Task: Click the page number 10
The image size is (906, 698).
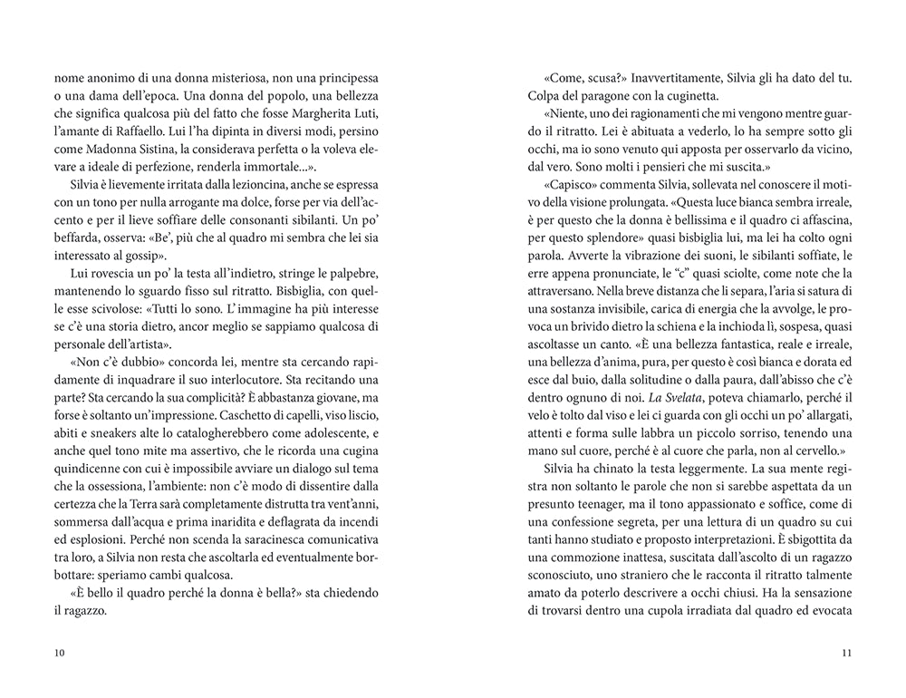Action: (x=60, y=654)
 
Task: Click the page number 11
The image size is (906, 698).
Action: (x=847, y=654)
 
